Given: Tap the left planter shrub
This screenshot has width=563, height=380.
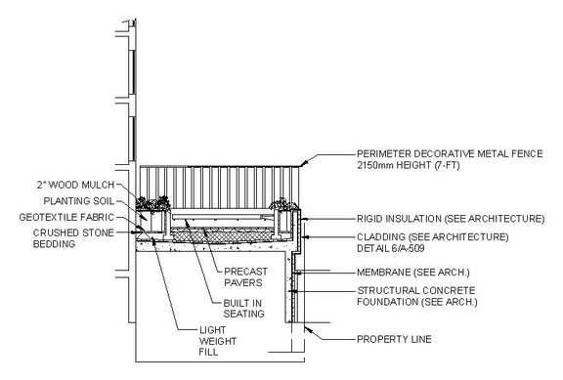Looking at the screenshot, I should click(153, 204).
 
